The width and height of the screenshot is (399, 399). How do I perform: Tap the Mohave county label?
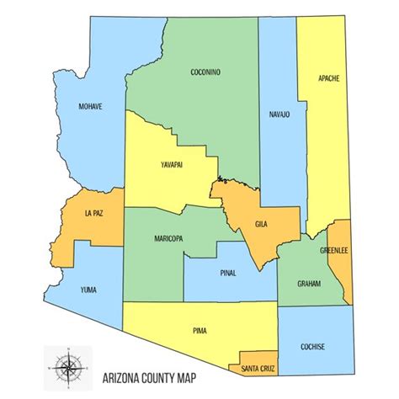(x=90, y=108)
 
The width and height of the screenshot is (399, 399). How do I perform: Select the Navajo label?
(x=279, y=114)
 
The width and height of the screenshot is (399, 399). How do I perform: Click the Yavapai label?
(x=169, y=165)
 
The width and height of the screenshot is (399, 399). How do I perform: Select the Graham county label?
(x=309, y=284)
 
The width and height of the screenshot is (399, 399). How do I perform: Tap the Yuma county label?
(x=88, y=290)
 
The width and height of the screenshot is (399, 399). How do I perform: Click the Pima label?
(x=199, y=333)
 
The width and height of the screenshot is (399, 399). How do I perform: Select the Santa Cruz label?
(x=258, y=368)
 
